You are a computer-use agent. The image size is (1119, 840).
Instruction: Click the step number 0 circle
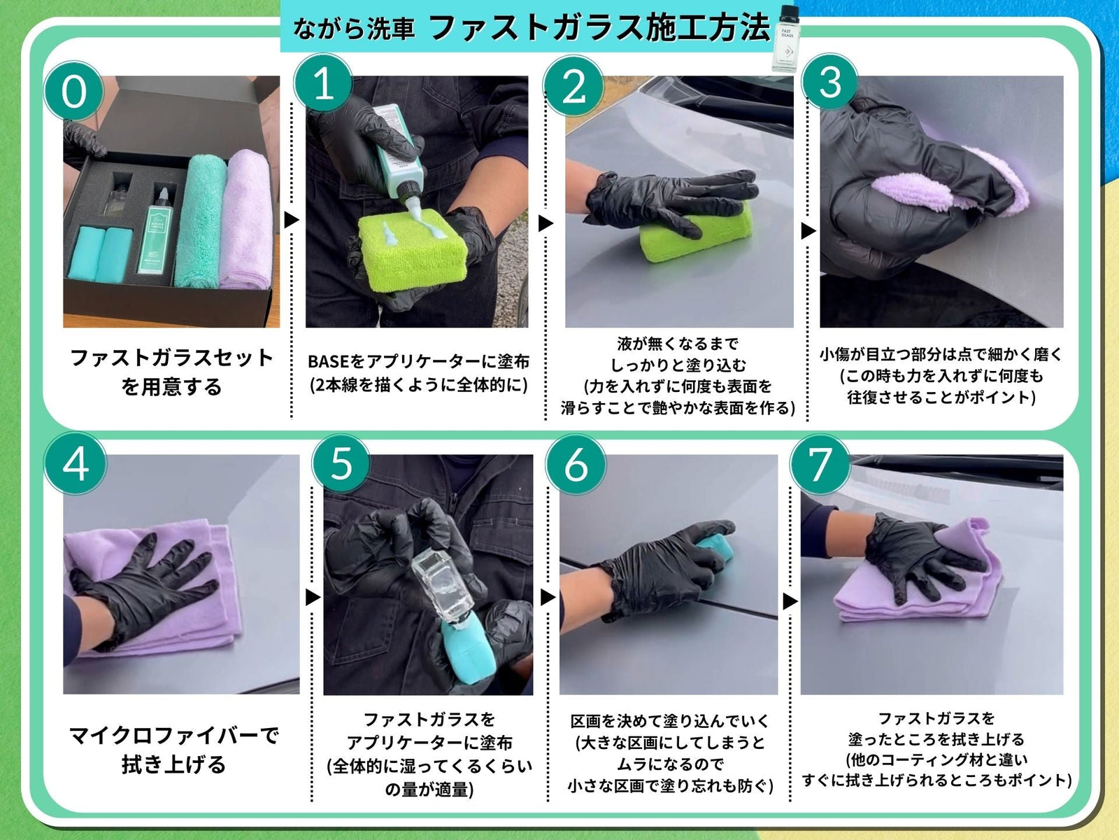tap(74, 92)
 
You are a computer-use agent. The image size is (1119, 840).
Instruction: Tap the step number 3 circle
tap(830, 82)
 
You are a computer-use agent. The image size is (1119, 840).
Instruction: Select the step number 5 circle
tap(341, 463)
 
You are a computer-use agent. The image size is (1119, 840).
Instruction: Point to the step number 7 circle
tap(820, 463)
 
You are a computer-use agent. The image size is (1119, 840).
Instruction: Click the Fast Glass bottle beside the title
tap(785, 38)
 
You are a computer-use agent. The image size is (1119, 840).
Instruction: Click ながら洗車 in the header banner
tap(353, 29)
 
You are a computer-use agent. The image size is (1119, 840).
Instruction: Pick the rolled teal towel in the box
tap(200, 222)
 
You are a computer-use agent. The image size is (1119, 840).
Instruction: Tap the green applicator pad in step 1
tap(413, 250)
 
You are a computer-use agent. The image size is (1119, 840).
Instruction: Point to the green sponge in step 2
tap(697, 232)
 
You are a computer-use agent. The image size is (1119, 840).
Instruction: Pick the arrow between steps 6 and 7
tap(790, 601)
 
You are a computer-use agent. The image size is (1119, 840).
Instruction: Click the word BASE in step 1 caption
tap(328, 362)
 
